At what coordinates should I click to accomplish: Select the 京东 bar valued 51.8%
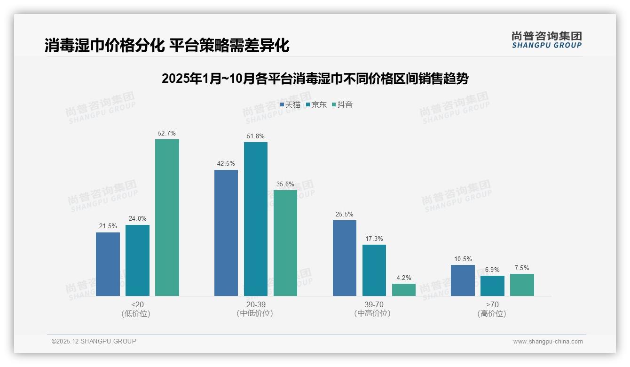click(255, 219)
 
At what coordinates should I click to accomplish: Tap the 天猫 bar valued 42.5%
click(226, 233)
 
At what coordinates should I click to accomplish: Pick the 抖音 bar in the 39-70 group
click(404, 290)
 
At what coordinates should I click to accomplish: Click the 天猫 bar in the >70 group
click(463, 280)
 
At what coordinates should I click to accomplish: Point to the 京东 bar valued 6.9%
click(492, 286)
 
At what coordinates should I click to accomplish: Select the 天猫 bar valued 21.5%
click(108, 264)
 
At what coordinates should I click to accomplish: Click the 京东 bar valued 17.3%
click(374, 270)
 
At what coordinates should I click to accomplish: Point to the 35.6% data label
click(285, 184)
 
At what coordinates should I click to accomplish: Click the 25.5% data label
click(345, 214)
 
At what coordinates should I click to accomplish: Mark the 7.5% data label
click(522, 268)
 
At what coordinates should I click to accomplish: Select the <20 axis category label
click(137, 304)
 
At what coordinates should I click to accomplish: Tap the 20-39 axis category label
click(255, 304)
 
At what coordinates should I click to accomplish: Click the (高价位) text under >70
click(492, 313)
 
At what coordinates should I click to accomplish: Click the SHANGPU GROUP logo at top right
click(547, 40)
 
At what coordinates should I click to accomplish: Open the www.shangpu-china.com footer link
click(548, 342)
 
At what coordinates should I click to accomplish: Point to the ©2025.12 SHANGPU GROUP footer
click(94, 341)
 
